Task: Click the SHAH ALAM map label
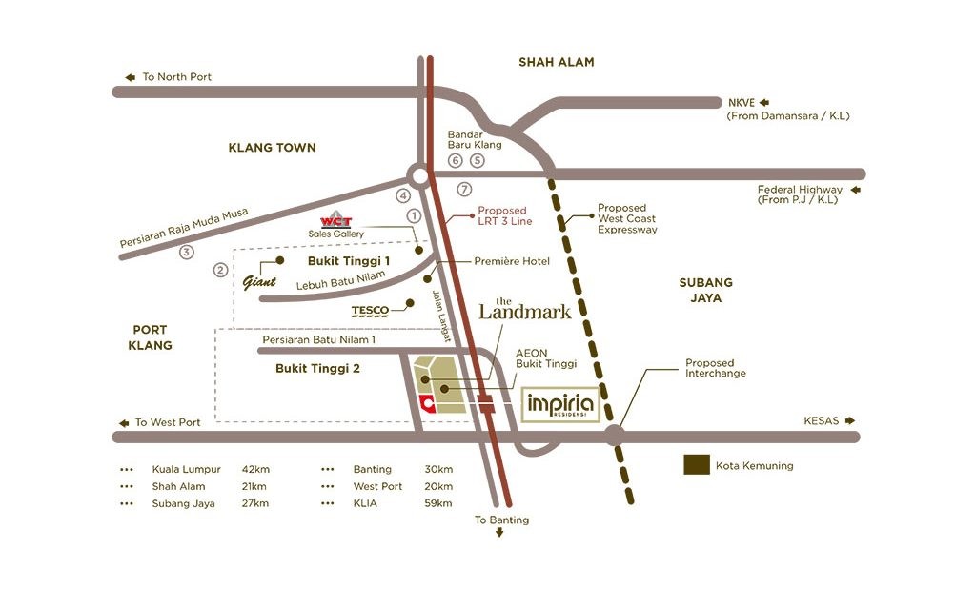click(x=556, y=62)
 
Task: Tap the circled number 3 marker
click(x=187, y=252)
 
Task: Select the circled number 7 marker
click(x=464, y=189)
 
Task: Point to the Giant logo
click(x=259, y=281)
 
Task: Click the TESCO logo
click(x=371, y=311)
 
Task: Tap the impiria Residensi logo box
click(x=561, y=405)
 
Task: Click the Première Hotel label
click(x=512, y=261)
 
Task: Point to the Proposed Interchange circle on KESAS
click(x=615, y=437)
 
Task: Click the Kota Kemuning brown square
click(x=697, y=465)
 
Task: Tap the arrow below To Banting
click(x=499, y=534)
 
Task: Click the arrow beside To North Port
click(x=130, y=77)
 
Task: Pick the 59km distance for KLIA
click(x=438, y=503)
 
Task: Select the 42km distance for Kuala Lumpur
click(x=255, y=469)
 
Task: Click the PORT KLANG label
click(x=151, y=337)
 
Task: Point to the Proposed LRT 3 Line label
click(x=504, y=215)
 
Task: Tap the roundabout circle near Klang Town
click(x=419, y=174)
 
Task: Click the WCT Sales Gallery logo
click(x=335, y=218)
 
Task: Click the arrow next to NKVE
click(x=763, y=102)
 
